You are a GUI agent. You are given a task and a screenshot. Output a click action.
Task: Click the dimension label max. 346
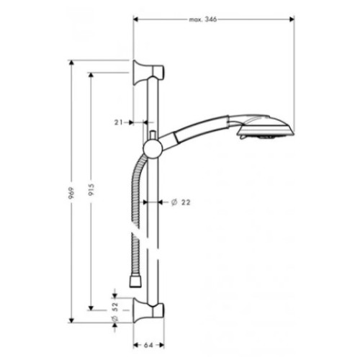203,19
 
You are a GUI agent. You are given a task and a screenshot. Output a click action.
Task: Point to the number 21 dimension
118,122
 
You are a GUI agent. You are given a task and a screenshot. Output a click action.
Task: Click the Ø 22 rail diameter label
181,202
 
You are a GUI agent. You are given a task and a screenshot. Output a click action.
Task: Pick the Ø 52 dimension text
115,312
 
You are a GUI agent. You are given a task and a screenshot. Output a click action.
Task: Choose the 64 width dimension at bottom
148,346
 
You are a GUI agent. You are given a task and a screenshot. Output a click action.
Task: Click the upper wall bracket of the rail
148,72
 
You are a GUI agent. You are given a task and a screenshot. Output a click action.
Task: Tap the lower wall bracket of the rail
148,310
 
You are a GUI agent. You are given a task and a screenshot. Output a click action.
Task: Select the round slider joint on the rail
152,149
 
